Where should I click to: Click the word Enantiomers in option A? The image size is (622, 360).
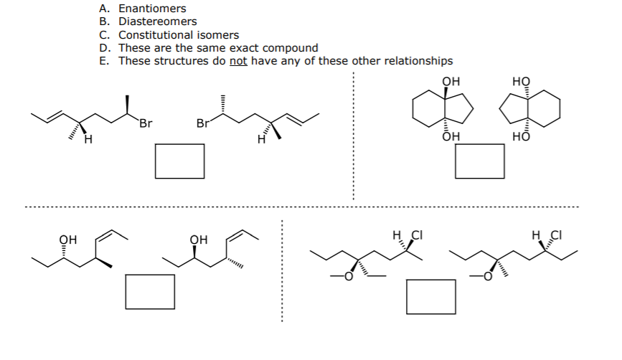pyautogui.click(x=152, y=9)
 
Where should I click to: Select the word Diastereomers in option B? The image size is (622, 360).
pyautogui.click(x=157, y=22)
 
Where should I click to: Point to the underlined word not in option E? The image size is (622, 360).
pyautogui.click(x=238, y=60)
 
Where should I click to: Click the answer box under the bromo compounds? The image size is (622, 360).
pyautogui.click(x=180, y=161)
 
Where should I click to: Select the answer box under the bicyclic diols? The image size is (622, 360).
pyautogui.click(x=480, y=161)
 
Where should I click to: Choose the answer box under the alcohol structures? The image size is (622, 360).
pyautogui.click(x=150, y=292)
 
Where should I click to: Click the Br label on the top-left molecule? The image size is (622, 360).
pyautogui.click(x=146, y=123)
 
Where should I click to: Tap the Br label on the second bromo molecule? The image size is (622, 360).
pyautogui.click(x=203, y=123)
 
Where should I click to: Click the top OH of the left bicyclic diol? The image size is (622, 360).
pyautogui.click(x=451, y=82)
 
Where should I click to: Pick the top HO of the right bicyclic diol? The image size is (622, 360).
pyautogui.click(x=521, y=82)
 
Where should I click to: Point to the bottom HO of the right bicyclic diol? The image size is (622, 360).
pyautogui.click(x=521, y=136)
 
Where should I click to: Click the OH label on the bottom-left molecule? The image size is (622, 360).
pyautogui.click(x=67, y=240)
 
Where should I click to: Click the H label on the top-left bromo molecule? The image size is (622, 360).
pyautogui.click(x=88, y=139)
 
